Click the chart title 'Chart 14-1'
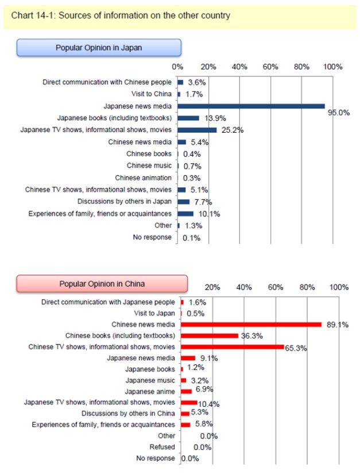[121, 16]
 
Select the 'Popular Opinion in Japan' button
[98, 48]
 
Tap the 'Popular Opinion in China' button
[102, 283]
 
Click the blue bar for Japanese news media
[251, 106]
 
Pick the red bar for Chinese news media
[251, 324]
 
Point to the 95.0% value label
[339, 113]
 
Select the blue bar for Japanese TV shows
[198, 130]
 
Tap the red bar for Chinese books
[210, 336]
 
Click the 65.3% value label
[296, 347]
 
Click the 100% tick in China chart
[339, 287]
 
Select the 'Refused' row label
[162, 447]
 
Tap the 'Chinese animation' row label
[144, 178]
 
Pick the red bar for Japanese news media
[188, 358]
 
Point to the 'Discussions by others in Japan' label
[125, 202]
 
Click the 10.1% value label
[208, 214]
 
